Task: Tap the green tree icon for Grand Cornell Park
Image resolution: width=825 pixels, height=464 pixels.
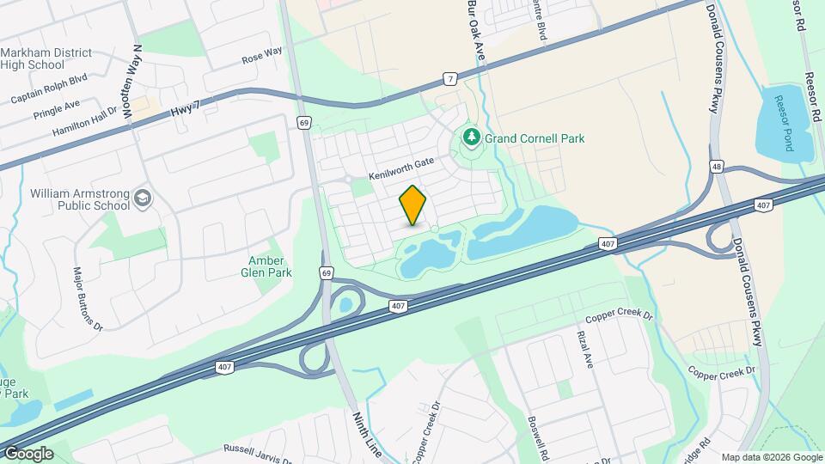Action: click(471, 137)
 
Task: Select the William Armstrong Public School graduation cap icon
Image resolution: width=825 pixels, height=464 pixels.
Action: click(143, 200)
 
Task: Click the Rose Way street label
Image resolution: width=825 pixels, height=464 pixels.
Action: click(262, 57)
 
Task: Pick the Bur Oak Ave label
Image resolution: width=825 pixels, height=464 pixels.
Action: click(476, 28)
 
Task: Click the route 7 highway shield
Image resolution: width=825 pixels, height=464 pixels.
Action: click(450, 79)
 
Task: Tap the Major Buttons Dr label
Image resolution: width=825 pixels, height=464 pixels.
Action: click(88, 299)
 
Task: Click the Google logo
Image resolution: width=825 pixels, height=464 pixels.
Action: click(27, 453)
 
